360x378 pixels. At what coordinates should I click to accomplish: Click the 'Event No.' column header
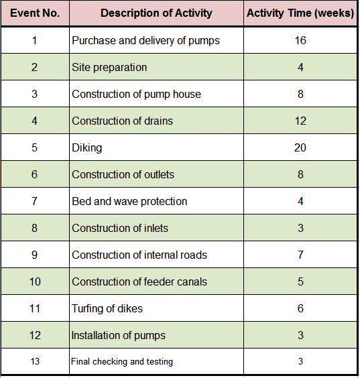click(34, 13)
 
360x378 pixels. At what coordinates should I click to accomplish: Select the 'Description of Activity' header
click(156, 13)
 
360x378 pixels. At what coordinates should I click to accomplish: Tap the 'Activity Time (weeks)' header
click(300, 13)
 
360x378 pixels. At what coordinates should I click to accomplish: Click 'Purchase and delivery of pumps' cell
click(145, 41)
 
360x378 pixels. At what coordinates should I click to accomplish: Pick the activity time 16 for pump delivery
click(300, 41)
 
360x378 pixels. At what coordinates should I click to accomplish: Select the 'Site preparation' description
click(109, 68)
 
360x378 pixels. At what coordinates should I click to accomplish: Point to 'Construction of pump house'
click(136, 94)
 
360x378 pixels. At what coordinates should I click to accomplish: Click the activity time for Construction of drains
click(300, 121)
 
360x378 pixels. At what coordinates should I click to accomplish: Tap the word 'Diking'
click(87, 148)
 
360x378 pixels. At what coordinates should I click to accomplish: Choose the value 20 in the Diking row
click(300, 148)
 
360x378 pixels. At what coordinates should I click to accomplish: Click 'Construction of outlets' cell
click(123, 175)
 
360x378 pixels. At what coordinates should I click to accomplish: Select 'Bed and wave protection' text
click(129, 202)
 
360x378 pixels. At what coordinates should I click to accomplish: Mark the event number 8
click(34, 229)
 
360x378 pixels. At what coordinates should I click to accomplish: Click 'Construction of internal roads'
click(139, 255)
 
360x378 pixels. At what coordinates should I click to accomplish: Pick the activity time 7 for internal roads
click(300, 255)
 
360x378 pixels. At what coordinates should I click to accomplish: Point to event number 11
click(34, 309)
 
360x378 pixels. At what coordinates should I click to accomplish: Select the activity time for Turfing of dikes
click(300, 309)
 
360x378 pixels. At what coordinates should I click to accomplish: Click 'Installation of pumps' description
click(119, 336)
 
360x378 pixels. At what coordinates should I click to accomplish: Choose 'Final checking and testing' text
click(122, 362)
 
